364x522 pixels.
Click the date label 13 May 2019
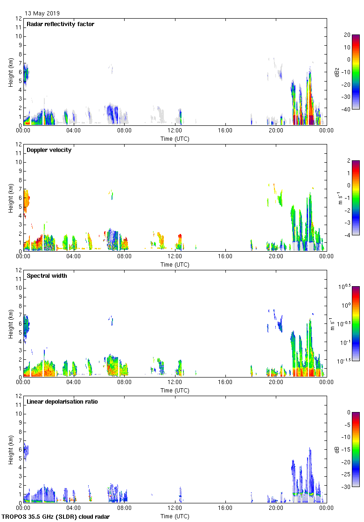click(42, 14)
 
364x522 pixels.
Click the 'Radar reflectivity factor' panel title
click(61, 24)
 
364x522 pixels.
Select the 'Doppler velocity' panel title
click(49, 150)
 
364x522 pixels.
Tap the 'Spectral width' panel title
click(47, 276)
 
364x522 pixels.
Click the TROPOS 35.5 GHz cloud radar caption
click(56, 516)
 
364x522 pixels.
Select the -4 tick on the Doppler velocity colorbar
click(347, 235)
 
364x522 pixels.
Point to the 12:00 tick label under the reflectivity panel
click(175, 131)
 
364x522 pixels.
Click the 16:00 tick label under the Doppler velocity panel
click(225, 257)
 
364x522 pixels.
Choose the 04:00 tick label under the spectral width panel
click(74, 383)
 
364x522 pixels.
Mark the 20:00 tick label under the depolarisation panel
click(276, 508)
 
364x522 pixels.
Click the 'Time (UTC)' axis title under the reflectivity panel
click(175, 138)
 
